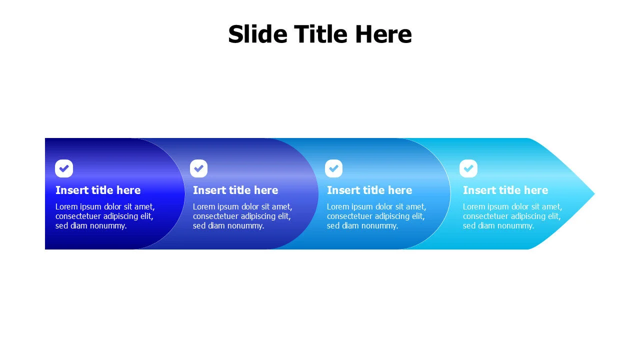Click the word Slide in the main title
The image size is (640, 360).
(257, 34)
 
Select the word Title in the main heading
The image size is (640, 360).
(321, 34)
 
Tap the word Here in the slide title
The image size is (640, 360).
(383, 34)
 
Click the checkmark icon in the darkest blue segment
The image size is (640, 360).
(64, 168)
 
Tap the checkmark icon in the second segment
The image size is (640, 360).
(198, 168)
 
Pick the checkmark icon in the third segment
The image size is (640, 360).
(333, 168)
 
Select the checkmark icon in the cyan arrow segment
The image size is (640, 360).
(468, 168)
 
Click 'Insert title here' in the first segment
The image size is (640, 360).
(98, 190)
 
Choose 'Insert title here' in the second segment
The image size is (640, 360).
(235, 190)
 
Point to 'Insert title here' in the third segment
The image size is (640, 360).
(369, 190)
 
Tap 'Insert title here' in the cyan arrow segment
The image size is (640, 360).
(505, 190)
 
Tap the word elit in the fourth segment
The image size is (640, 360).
(554, 216)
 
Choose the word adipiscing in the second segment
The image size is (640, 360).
(255, 216)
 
